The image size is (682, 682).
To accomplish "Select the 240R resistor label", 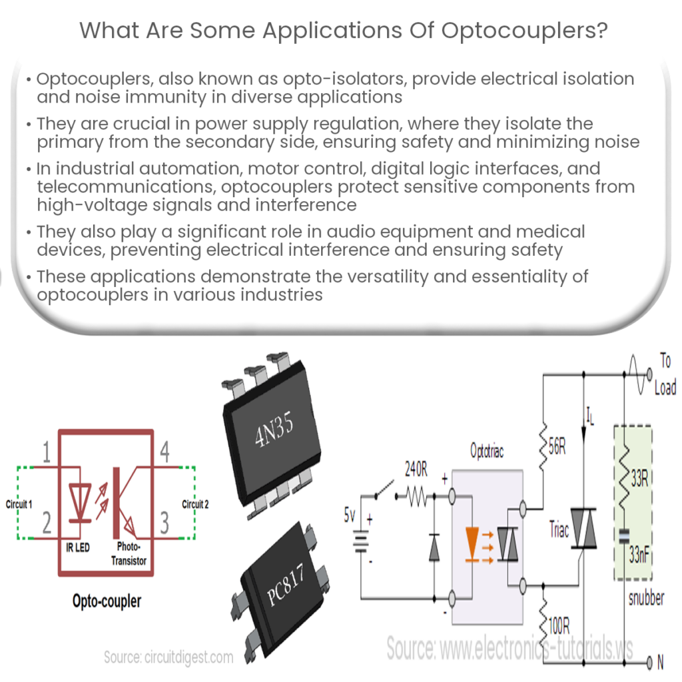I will point(417,470).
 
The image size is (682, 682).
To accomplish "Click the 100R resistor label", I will point(558,625).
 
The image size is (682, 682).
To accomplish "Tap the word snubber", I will point(646,597).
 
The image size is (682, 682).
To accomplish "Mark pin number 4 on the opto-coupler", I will point(165,454).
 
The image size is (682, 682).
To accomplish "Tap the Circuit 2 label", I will point(195,504).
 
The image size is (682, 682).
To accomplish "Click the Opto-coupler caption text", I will point(107,601).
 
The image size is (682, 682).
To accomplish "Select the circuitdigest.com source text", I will point(169,657).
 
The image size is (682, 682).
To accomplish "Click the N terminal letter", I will point(660,662).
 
